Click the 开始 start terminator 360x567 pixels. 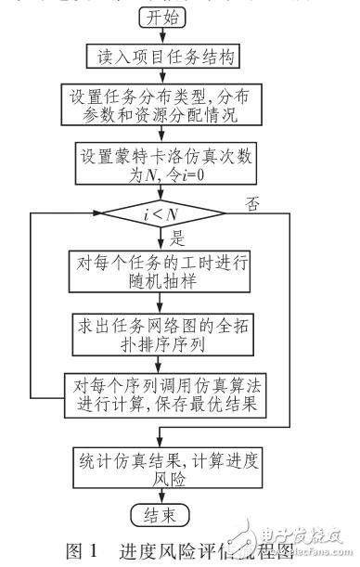(x=165, y=16)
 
